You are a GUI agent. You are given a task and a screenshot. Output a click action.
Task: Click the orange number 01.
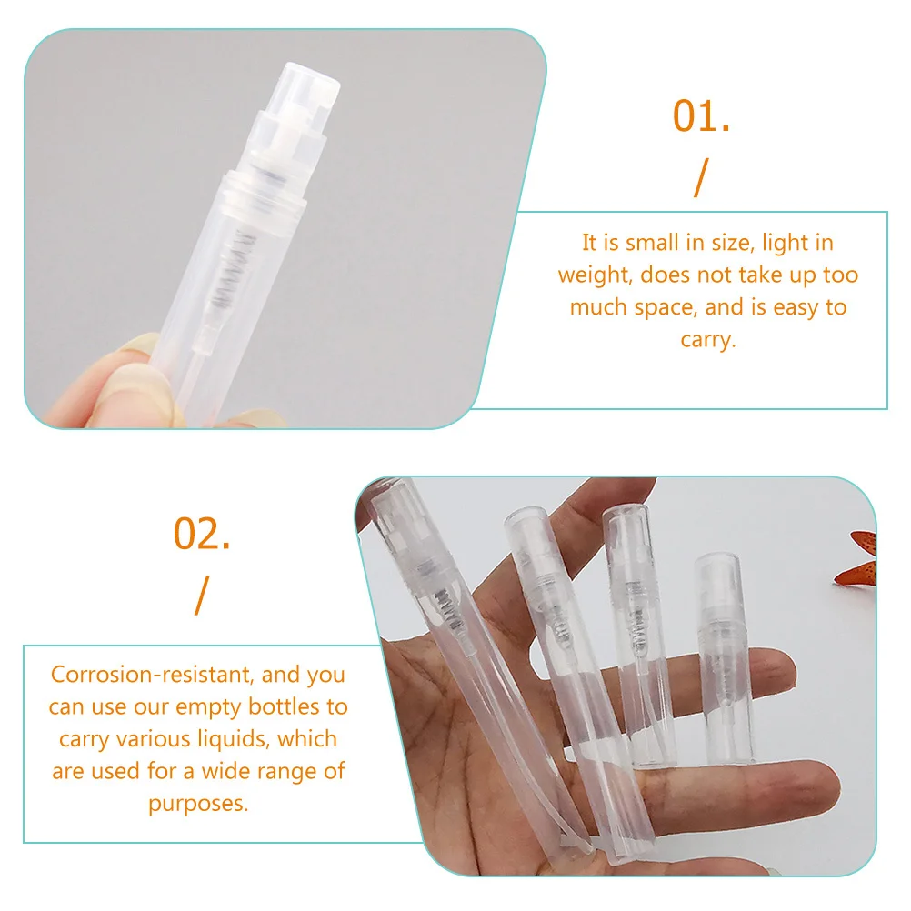(x=701, y=117)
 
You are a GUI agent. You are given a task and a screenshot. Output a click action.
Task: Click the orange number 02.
(x=202, y=535)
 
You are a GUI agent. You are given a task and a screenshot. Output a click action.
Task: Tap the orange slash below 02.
(x=201, y=595)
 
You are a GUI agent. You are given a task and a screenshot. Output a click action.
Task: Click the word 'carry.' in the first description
(x=707, y=340)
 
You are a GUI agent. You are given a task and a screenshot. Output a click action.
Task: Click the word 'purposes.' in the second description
(x=198, y=805)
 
